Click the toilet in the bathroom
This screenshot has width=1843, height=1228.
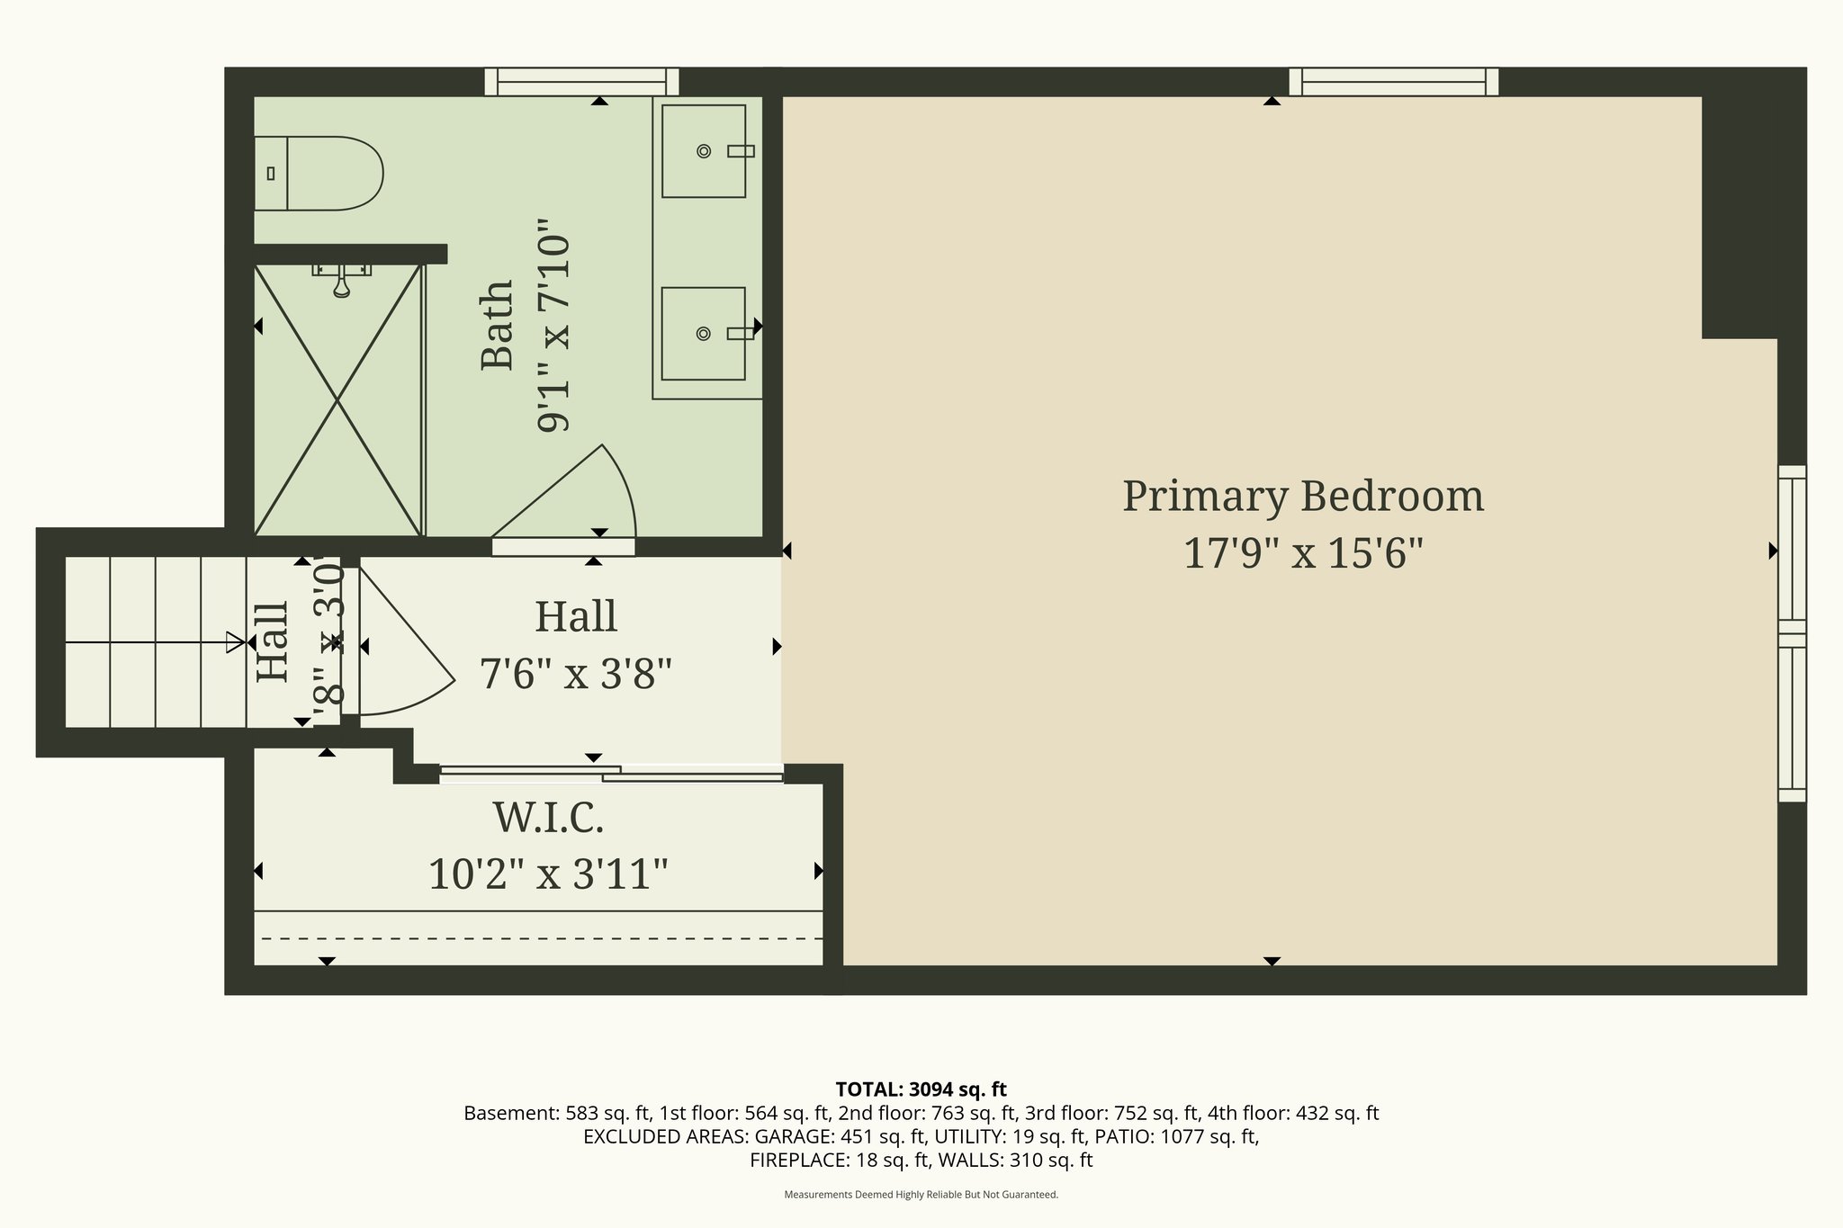[x=324, y=174]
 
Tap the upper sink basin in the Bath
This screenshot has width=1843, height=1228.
[x=704, y=151]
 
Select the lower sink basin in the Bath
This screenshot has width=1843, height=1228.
[x=704, y=334]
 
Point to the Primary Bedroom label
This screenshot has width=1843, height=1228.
[x=1302, y=497]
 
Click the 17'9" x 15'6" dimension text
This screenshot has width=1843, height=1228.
[x=1302, y=553]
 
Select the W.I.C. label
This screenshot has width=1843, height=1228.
[x=548, y=818]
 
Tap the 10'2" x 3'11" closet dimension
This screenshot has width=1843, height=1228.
[x=548, y=874]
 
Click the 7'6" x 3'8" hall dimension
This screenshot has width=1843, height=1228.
[x=576, y=673]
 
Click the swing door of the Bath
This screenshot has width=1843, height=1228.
[x=576, y=495]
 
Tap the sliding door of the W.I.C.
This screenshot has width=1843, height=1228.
[x=612, y=774]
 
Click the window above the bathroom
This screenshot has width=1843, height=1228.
[x=581, y=82]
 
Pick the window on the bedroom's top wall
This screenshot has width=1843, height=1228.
[x=1393, y=82]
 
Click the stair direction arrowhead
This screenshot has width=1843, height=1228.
[x=235, y=642]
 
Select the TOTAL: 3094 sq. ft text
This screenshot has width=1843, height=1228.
[x=921, y=1089]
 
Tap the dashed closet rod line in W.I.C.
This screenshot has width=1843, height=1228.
[x=540, y=938]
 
